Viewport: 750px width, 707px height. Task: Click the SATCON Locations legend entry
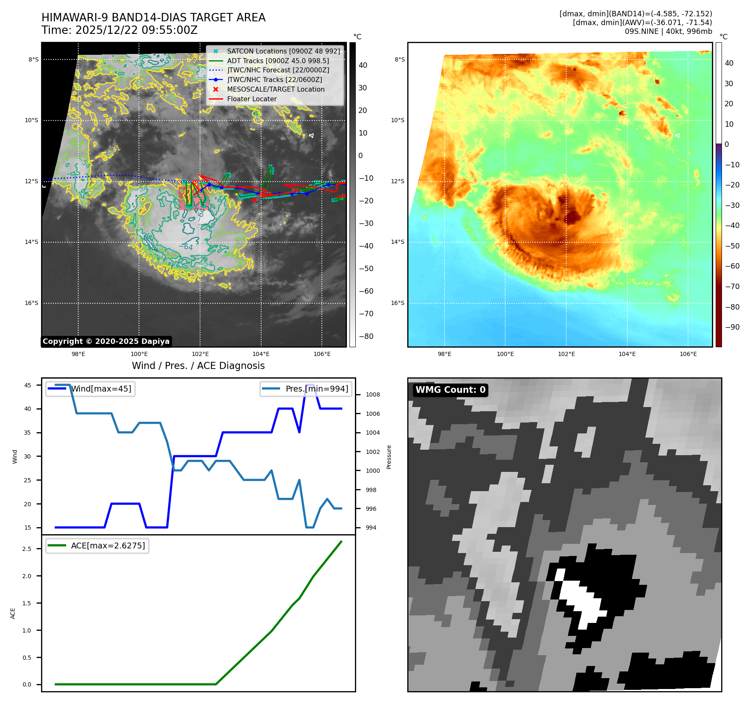(283, 51)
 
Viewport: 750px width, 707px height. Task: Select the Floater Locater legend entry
(252, 99)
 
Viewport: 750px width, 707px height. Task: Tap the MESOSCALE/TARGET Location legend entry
(275, 90)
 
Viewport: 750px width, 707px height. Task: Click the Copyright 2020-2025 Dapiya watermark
(106, 341)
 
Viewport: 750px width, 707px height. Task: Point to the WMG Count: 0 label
(450, 390)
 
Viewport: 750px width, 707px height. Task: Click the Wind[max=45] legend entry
(101, 389)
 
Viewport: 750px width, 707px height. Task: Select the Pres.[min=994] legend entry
(316, 389)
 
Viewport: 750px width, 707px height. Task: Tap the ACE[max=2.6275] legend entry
(108, 546)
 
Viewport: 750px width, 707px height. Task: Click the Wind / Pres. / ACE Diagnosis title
(198, 366)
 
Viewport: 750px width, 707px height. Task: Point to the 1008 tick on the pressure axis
(372, 394)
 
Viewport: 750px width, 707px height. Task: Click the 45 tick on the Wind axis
(28, 385)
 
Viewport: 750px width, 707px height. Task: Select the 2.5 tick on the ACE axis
(27, 549)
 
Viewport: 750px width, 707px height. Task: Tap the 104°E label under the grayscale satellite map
(261, 354)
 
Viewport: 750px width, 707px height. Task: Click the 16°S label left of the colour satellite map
(398, 303)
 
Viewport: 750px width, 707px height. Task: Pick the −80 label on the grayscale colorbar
(366, 336)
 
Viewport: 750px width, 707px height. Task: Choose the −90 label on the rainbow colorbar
(732, 327)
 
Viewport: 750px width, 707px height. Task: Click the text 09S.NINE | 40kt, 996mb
(668, 31)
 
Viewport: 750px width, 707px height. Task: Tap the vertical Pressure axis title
(389, 457)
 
